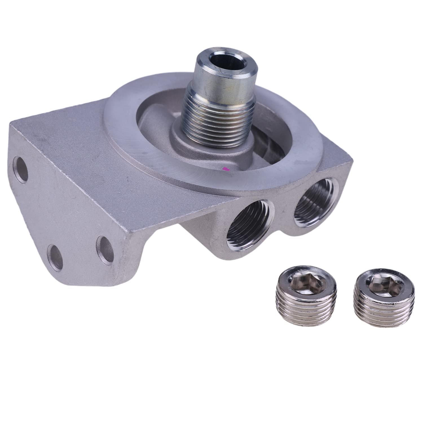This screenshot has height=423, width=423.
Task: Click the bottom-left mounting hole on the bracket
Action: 55,257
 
